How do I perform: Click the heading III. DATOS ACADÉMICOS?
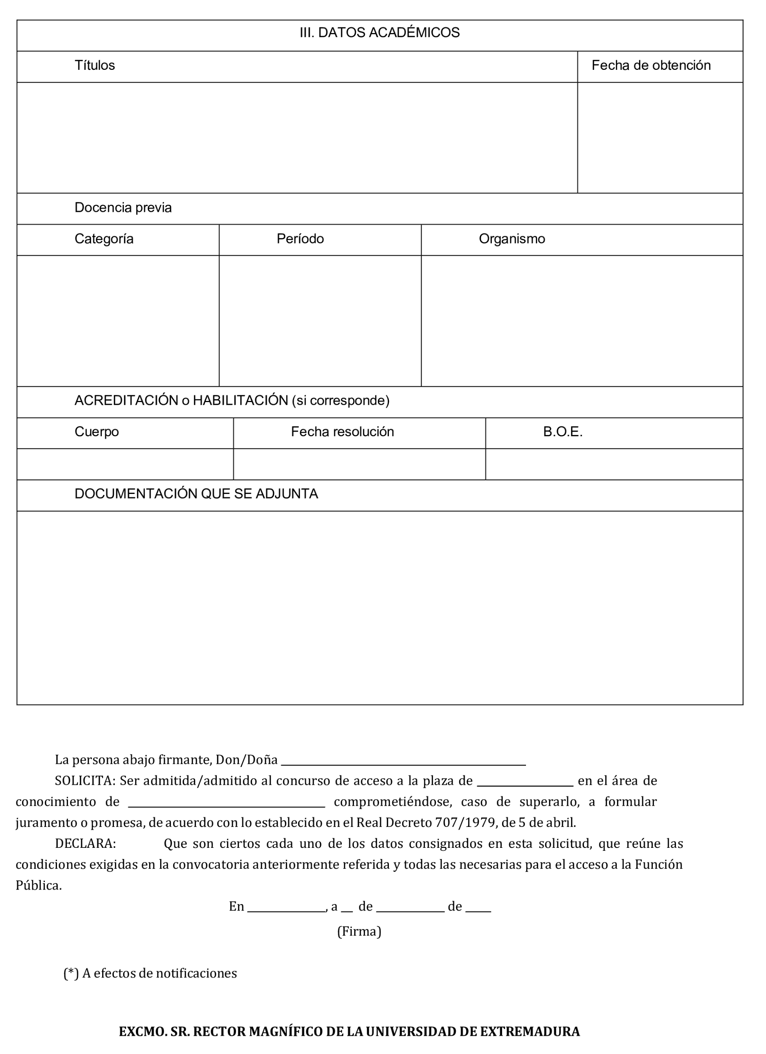[379, 33]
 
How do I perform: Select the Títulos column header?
[95, 66]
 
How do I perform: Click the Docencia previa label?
[123, 208]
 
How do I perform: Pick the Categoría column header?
[104, 239]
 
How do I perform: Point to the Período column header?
[300, 239]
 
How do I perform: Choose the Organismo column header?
[512, 239]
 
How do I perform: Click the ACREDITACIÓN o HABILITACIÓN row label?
[232, 401]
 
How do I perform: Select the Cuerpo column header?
[97, 432]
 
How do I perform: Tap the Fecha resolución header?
[343, 432]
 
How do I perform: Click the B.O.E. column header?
[563, 432]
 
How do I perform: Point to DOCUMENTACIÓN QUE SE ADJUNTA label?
[196, 494]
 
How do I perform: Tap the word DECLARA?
[85, 844]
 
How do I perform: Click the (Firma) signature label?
[359, 931]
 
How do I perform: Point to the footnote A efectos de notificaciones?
[159, 973]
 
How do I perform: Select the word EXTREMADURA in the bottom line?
[529, 1032]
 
